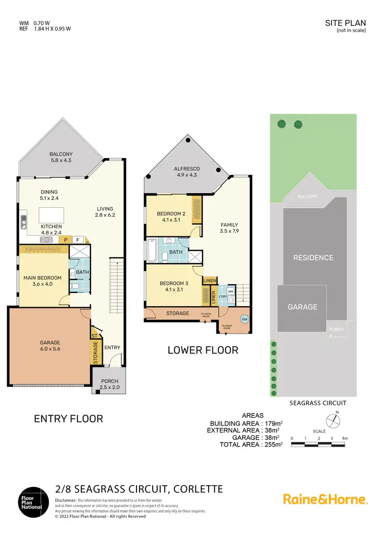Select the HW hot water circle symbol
(x=245, y=319)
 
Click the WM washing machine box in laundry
(x=230, y=291)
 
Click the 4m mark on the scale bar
(x=344, y=437)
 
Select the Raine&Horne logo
(x=325, y=500)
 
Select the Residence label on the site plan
(x=313, y=258)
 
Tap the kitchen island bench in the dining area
(x=53, y=215)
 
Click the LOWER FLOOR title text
(x=203, y=350)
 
